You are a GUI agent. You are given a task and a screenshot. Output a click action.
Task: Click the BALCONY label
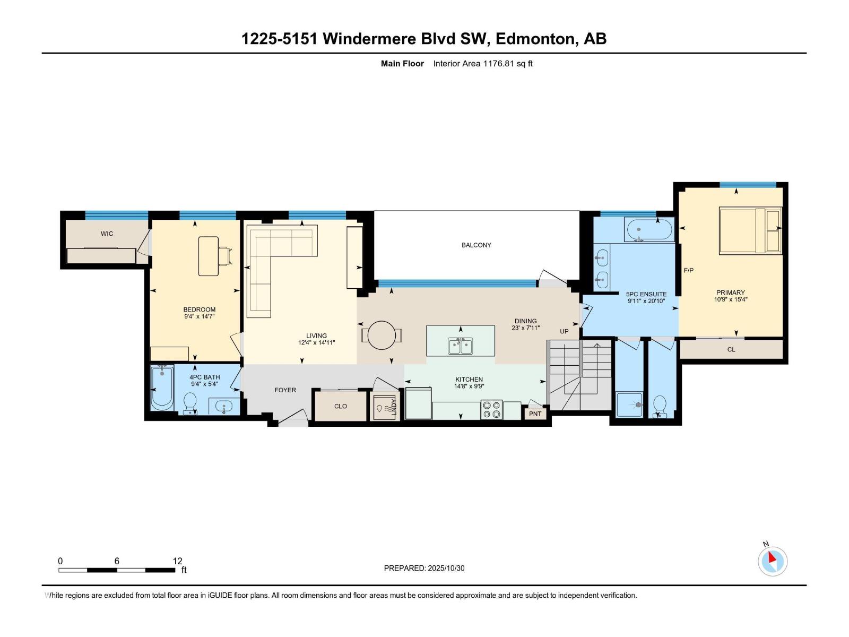tap(476, 245)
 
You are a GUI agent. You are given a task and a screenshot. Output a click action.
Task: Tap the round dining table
tap(382, 335)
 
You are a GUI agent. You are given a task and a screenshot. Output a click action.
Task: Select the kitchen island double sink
tap(460, 346)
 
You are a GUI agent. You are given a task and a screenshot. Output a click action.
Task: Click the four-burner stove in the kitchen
tap(491, 410)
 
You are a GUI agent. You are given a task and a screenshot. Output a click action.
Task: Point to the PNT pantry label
tap(535, 414)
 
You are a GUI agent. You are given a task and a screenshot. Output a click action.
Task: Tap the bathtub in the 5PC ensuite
tap(649, 230)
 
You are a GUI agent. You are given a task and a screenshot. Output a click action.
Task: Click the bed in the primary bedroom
tap(750, 230)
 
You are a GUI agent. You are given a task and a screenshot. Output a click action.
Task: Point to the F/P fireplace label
tap(688, 271)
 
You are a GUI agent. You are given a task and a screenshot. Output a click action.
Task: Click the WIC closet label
tap(107, 234)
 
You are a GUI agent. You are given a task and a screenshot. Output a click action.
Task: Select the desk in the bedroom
tap(209, 256)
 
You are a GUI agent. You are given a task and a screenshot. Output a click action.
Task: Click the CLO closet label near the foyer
tap(340, 406)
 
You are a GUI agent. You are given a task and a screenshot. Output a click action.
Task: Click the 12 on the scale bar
tap(177, 561)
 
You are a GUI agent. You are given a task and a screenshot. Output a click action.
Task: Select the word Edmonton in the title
tap(536, 39)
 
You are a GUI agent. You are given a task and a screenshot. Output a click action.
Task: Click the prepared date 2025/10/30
tap(446, 568)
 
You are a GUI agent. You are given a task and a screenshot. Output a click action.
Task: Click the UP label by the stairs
tap(564, 331)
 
